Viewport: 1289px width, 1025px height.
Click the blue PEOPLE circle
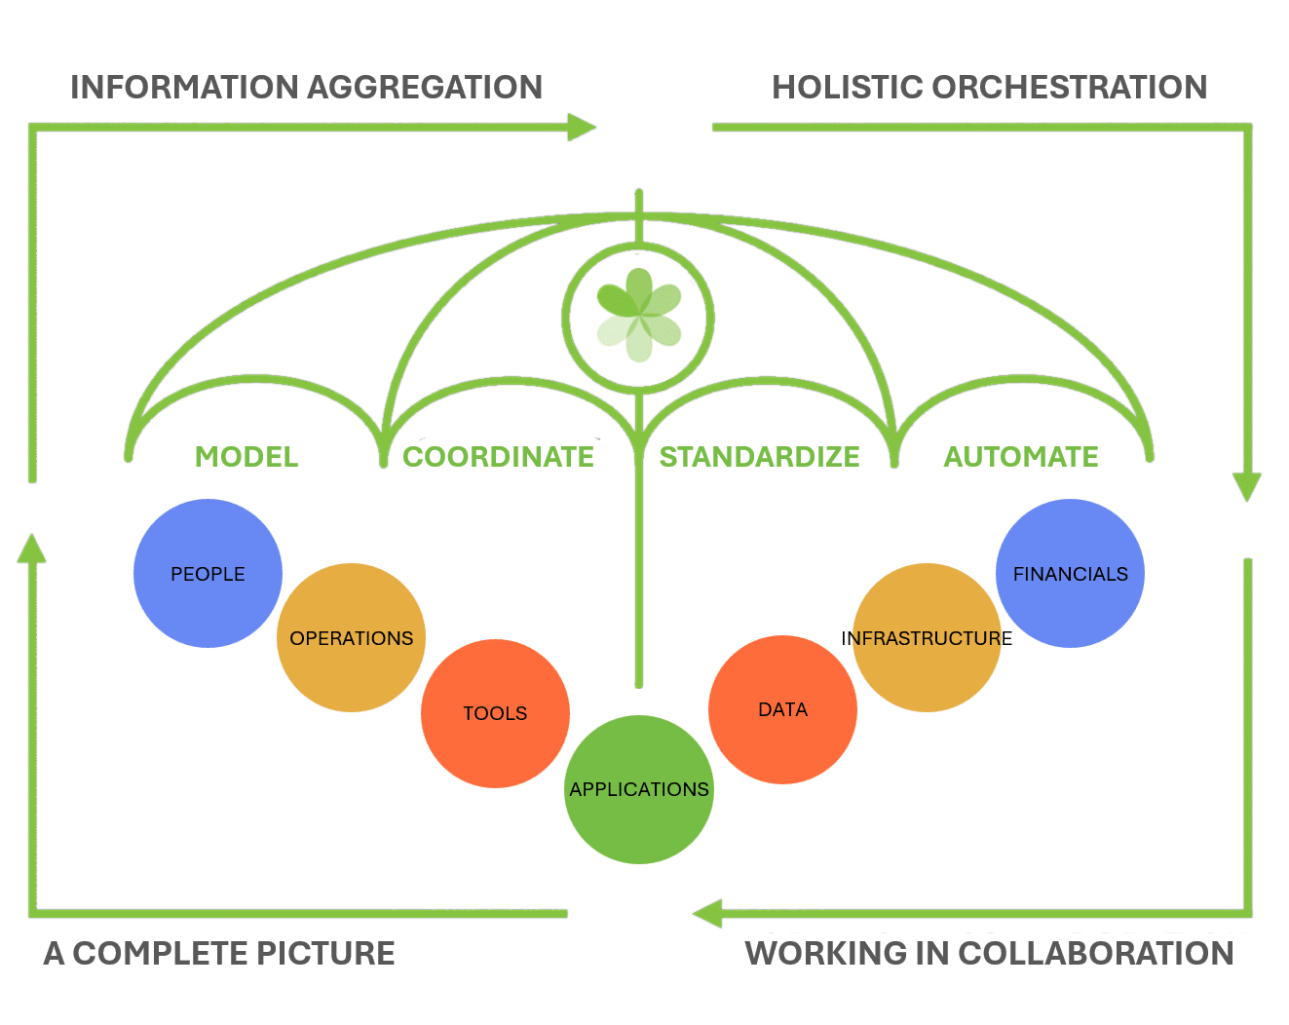[208, 573]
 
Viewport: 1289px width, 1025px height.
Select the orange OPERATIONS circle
[351, 638]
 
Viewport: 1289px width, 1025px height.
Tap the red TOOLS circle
[495, 713]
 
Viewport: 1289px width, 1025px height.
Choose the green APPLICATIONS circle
[639, 789]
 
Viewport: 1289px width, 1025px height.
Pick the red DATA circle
[782, 709]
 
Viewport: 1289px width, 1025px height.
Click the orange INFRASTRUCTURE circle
[927, 638]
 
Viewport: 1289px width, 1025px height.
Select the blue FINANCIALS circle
[1070, 573]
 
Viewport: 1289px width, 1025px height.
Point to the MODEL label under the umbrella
[246, 457]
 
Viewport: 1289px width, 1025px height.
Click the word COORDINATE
[498, 457]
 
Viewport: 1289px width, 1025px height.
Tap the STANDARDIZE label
[759, 457]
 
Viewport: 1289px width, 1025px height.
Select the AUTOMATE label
[1021, 457]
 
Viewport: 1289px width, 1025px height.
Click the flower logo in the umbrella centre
[639, 315]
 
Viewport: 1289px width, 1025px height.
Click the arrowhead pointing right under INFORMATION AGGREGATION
[582, 127]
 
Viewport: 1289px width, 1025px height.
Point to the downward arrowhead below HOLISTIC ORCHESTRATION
[1246, 486]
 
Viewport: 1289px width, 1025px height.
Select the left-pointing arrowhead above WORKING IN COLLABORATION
[707, 913]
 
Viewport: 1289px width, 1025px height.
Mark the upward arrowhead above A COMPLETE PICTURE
[32, 549]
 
